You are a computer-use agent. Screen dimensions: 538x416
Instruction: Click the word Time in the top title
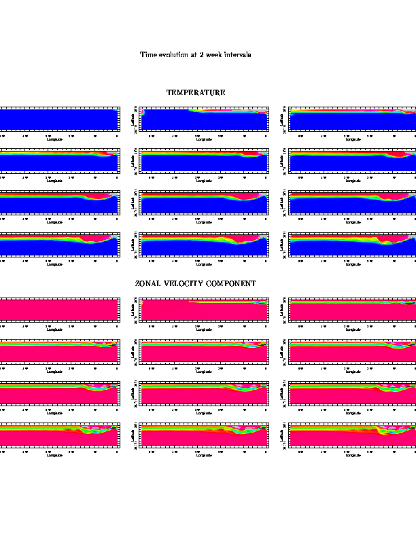pyautogui.click(x=148, y=54)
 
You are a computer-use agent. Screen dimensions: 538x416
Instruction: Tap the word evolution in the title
pyautogui.click(x=173, y=54)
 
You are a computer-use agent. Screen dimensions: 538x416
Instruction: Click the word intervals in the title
pyautogui.click(x=237, y=54)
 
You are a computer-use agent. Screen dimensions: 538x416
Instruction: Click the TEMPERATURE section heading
pyautogui.click(x=196, y=92)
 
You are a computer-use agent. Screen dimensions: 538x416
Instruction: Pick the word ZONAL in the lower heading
pyautogui.click(x=148, y=283)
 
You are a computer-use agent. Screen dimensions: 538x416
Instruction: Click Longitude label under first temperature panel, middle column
pyautogui.click(x=204, y=141)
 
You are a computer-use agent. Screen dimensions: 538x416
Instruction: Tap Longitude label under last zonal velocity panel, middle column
pyautogui.click(x=204, y=455)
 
